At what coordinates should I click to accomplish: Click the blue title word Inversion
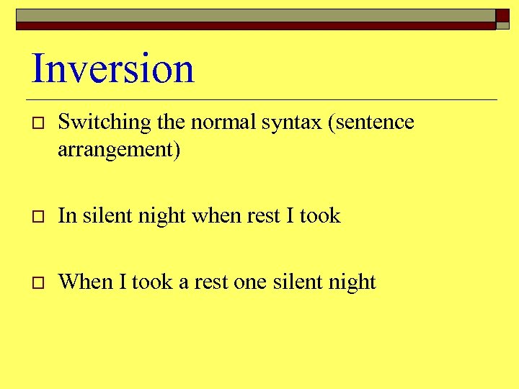coord(113,69)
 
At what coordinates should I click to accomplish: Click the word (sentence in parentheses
coord(371,122)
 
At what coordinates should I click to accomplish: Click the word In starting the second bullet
coord(67,215)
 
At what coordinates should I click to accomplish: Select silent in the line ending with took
coord(106,215)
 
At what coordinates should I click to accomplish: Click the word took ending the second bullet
coord(320,215)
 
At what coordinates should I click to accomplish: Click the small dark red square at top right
coord(502,17)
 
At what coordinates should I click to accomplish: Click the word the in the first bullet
coord(171,122)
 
